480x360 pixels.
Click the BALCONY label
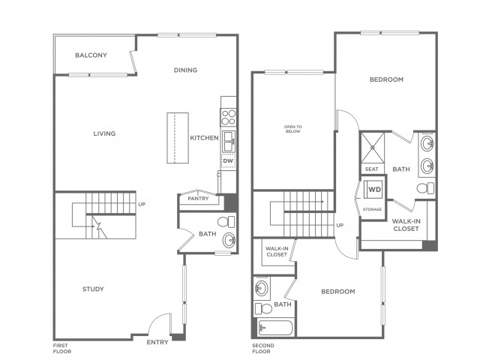[91, 55]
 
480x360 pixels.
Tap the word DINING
[185, 70]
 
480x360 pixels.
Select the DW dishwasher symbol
[228, 161]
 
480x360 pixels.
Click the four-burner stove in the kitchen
[228, 117]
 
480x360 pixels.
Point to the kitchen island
[178, 138]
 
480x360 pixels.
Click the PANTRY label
[198, 198]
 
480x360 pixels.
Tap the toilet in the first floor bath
[226, 222]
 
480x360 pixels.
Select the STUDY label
[93, 289]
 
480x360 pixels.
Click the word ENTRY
[157, 342]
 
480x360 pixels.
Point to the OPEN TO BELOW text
[293, 129]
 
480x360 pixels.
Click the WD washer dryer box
[373, 190]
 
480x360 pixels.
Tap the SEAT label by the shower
[372, 169]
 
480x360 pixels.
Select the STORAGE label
[372, 209]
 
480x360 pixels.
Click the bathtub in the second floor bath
[275, 328]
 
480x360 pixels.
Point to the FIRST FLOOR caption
[62, 348]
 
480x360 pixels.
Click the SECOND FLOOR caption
[263, 348]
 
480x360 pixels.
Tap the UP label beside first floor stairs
[142, 204]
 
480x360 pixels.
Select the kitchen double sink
[228, 141]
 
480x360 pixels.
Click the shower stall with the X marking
[373, 147]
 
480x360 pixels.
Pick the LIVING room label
[104, 133]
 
